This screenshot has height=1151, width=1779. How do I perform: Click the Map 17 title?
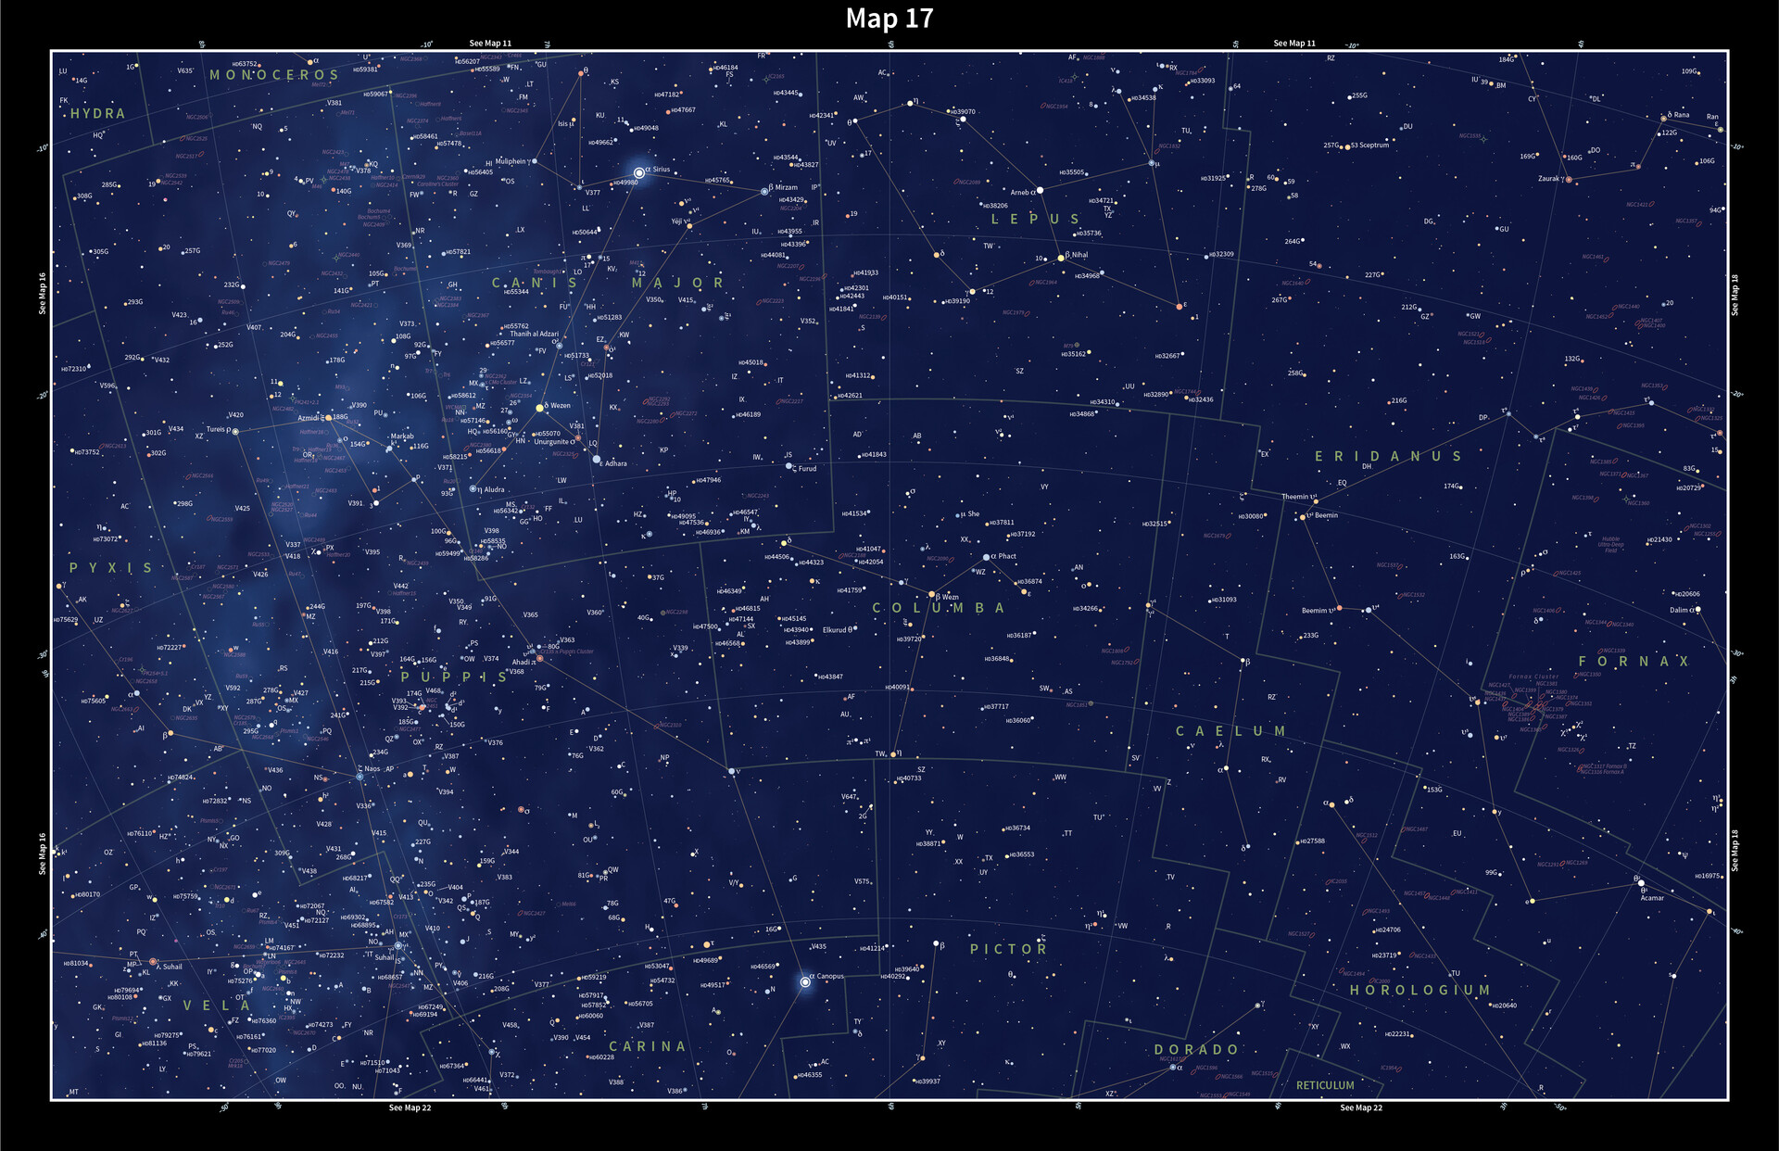click(x=889, y=19)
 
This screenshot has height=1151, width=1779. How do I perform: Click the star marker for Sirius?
click(x=638, y=172)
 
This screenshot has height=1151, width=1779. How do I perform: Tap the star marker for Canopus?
click(x=805, y=981)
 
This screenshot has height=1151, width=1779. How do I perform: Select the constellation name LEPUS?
click(x=1035, y=220)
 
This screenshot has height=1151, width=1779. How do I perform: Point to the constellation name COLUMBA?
click(x=939, y=608)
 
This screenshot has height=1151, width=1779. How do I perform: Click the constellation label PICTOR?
click(x=1008, y=949)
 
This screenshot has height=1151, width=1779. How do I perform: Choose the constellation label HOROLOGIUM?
click(x=1419, y=990)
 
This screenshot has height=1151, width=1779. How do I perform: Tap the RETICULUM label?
click(x=1325, y=1085)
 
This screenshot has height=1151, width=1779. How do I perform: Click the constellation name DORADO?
click(x=1196, y=1049)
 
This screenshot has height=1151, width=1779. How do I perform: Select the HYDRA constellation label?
click(x=98, y=113)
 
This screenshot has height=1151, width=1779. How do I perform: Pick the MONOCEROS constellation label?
click(x=274, y=75)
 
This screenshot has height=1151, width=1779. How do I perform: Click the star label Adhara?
click(x=615, y=463)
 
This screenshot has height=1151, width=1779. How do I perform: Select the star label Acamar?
click(x=1652, y=897)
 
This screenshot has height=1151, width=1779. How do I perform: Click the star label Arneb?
click(x=1019, y=193)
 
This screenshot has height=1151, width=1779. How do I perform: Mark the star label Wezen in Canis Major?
click(x=561, y=405)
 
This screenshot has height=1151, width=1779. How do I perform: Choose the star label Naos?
click(x=372, y=768)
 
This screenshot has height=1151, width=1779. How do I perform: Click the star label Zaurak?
click(x=1548, y=179)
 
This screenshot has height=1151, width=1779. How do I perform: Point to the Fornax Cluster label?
click(x=1533, y=677)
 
